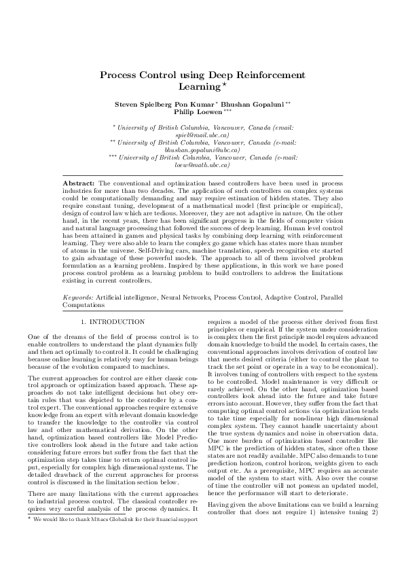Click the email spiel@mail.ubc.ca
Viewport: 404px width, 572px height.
[x=202, y=135]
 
